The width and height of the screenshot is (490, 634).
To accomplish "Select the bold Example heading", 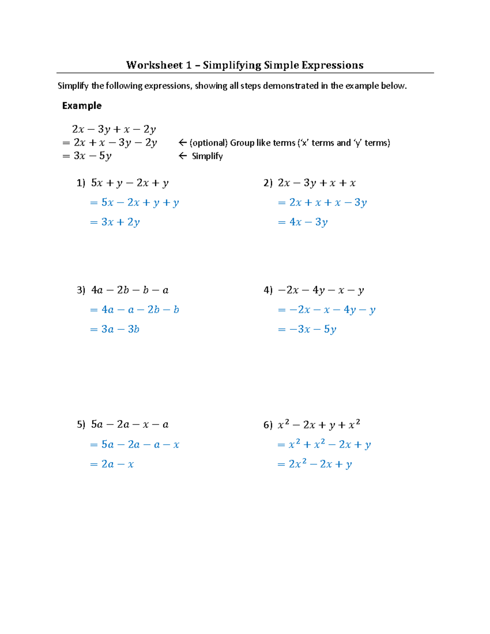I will tap(82, 106).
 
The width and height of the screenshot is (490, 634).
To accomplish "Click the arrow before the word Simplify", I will tap(183, 156).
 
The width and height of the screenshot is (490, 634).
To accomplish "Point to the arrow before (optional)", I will tap(183, 143).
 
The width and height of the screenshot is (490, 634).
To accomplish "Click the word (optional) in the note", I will tap(208, 143).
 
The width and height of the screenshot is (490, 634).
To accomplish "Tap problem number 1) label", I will tap(81, 183).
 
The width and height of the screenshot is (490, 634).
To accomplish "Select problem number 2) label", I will tap(268, 183).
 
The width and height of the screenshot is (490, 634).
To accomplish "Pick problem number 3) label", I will tap(81, 290).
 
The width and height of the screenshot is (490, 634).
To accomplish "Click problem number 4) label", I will tap(268, 290).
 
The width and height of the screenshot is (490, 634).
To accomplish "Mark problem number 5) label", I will tap(81, 425).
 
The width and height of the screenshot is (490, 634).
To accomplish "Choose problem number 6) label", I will tap(268, 425).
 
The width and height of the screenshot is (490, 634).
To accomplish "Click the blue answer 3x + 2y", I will tap(120, 222).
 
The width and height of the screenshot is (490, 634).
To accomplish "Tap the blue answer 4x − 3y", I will tap(308, 222).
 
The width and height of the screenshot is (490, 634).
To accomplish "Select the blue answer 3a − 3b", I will tap(120, 329).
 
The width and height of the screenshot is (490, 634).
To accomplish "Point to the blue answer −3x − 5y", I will tap(312, 329).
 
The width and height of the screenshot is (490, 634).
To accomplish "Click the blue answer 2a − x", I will tap(117, 464).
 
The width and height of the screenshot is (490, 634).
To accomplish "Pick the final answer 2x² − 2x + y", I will tap(320, 464).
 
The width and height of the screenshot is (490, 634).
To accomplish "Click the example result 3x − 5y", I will tap(92, 156).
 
